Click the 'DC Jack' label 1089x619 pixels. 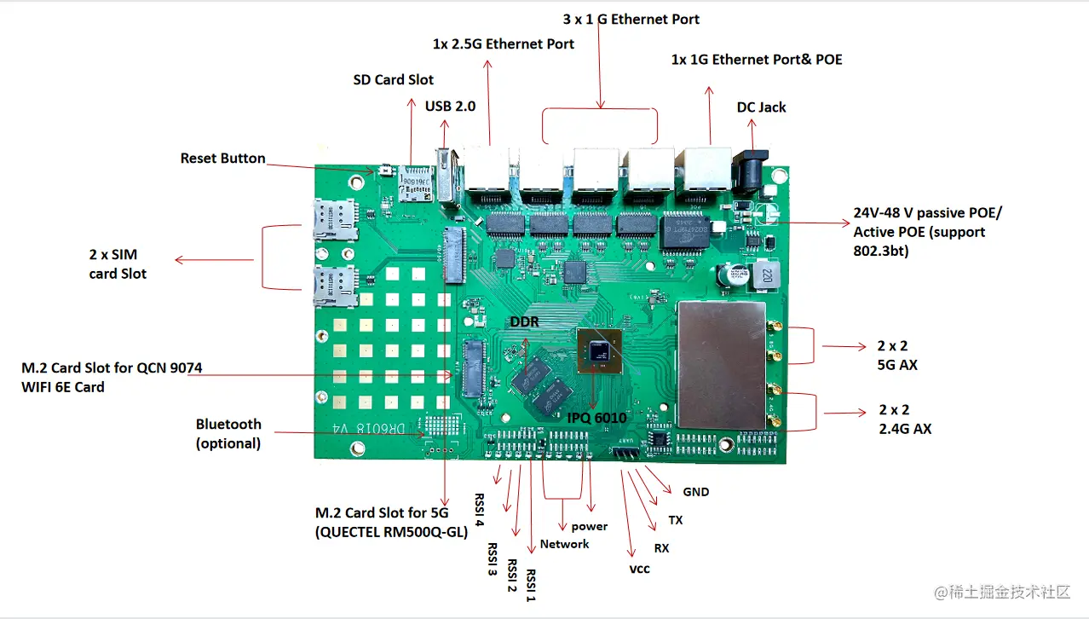point(761,107)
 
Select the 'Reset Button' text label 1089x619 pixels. point(222,159)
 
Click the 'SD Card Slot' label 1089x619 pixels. point(393,79)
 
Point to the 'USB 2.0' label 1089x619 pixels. point(450,107)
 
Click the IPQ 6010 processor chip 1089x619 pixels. point(598,350)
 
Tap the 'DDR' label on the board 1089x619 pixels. point(524,321)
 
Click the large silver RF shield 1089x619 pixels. point(721,364)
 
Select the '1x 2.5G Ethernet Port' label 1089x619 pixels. point(503,43)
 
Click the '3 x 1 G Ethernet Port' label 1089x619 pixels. point(631,19)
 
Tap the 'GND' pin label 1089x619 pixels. point(696,492)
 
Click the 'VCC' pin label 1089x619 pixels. point(639,569)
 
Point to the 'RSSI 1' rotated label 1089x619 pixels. point(531,586)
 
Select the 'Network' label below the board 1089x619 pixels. point(564,544)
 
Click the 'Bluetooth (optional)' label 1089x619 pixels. point(228,433)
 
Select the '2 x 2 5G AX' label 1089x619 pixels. point(896,356)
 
